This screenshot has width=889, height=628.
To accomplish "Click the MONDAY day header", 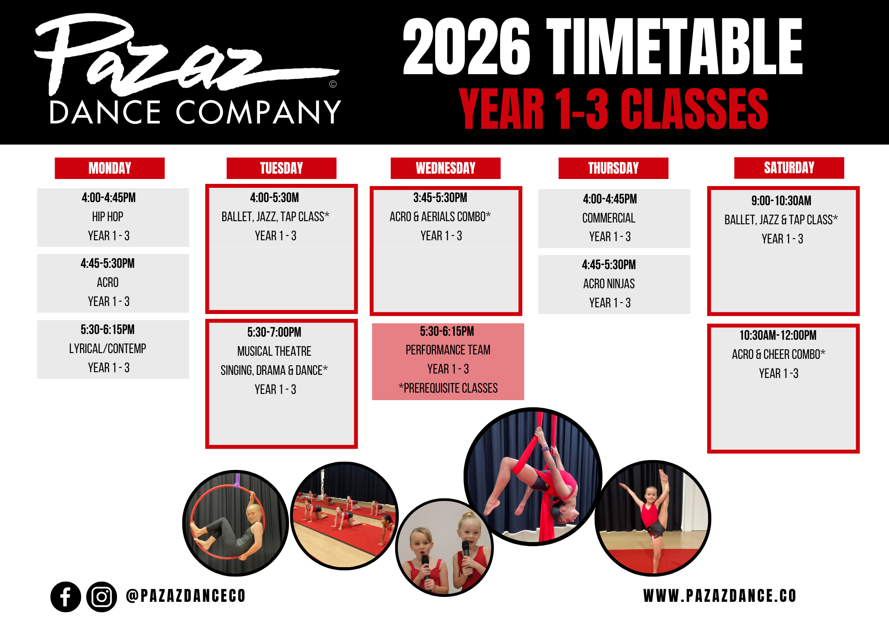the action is (x=110, y=168).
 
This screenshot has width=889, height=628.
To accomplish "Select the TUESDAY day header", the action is (x=281, y=168).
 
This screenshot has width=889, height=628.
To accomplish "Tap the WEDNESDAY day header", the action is (x=445, y=168).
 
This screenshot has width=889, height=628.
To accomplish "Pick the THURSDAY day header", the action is (x=613, y=168).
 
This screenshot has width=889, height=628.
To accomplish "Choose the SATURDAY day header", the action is (x=789, y=168).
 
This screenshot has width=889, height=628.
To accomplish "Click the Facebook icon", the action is (x=66, y=597).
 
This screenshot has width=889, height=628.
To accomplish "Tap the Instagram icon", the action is (x=102, y=597).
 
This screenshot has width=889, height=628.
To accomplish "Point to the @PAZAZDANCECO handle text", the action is (x=186, y=596).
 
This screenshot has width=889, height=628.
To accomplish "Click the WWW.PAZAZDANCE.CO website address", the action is (x=720, y=596).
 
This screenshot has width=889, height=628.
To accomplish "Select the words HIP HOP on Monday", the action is (x=108, y=217).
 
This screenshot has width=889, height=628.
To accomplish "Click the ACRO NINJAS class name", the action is (x=609, y=284).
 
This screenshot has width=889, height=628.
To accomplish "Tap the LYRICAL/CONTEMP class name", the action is (x=108, y=349).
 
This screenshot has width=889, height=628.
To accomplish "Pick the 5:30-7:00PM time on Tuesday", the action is (x=274, y=332).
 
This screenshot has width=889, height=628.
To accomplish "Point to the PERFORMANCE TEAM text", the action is (x=448, y=350).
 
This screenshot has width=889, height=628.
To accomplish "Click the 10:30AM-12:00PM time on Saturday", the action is (x=778, y=335).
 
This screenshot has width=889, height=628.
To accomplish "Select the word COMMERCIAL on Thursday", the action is (x=609, y=218).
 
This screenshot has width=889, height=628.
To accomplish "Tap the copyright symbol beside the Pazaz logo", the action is (x=333, y=84).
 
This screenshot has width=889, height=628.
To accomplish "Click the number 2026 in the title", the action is (x=466, y=47).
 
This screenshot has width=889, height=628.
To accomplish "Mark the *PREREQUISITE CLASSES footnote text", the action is (x=448, y=388).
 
